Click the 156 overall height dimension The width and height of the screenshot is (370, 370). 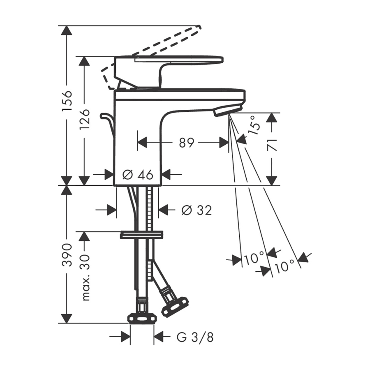[x=67, y=100]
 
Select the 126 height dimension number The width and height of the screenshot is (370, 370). [x=84, y=119]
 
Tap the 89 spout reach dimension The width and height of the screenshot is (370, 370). [x=186, y=143]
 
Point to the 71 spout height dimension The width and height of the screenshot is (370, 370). [x=272, y=145]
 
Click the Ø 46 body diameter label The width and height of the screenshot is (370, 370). [x=138, y=175]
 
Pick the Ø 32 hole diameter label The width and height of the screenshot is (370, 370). [x=197, y=210]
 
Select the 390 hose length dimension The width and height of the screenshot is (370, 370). [x=67, y=255]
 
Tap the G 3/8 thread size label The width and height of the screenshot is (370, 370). [x=195, y=338]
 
